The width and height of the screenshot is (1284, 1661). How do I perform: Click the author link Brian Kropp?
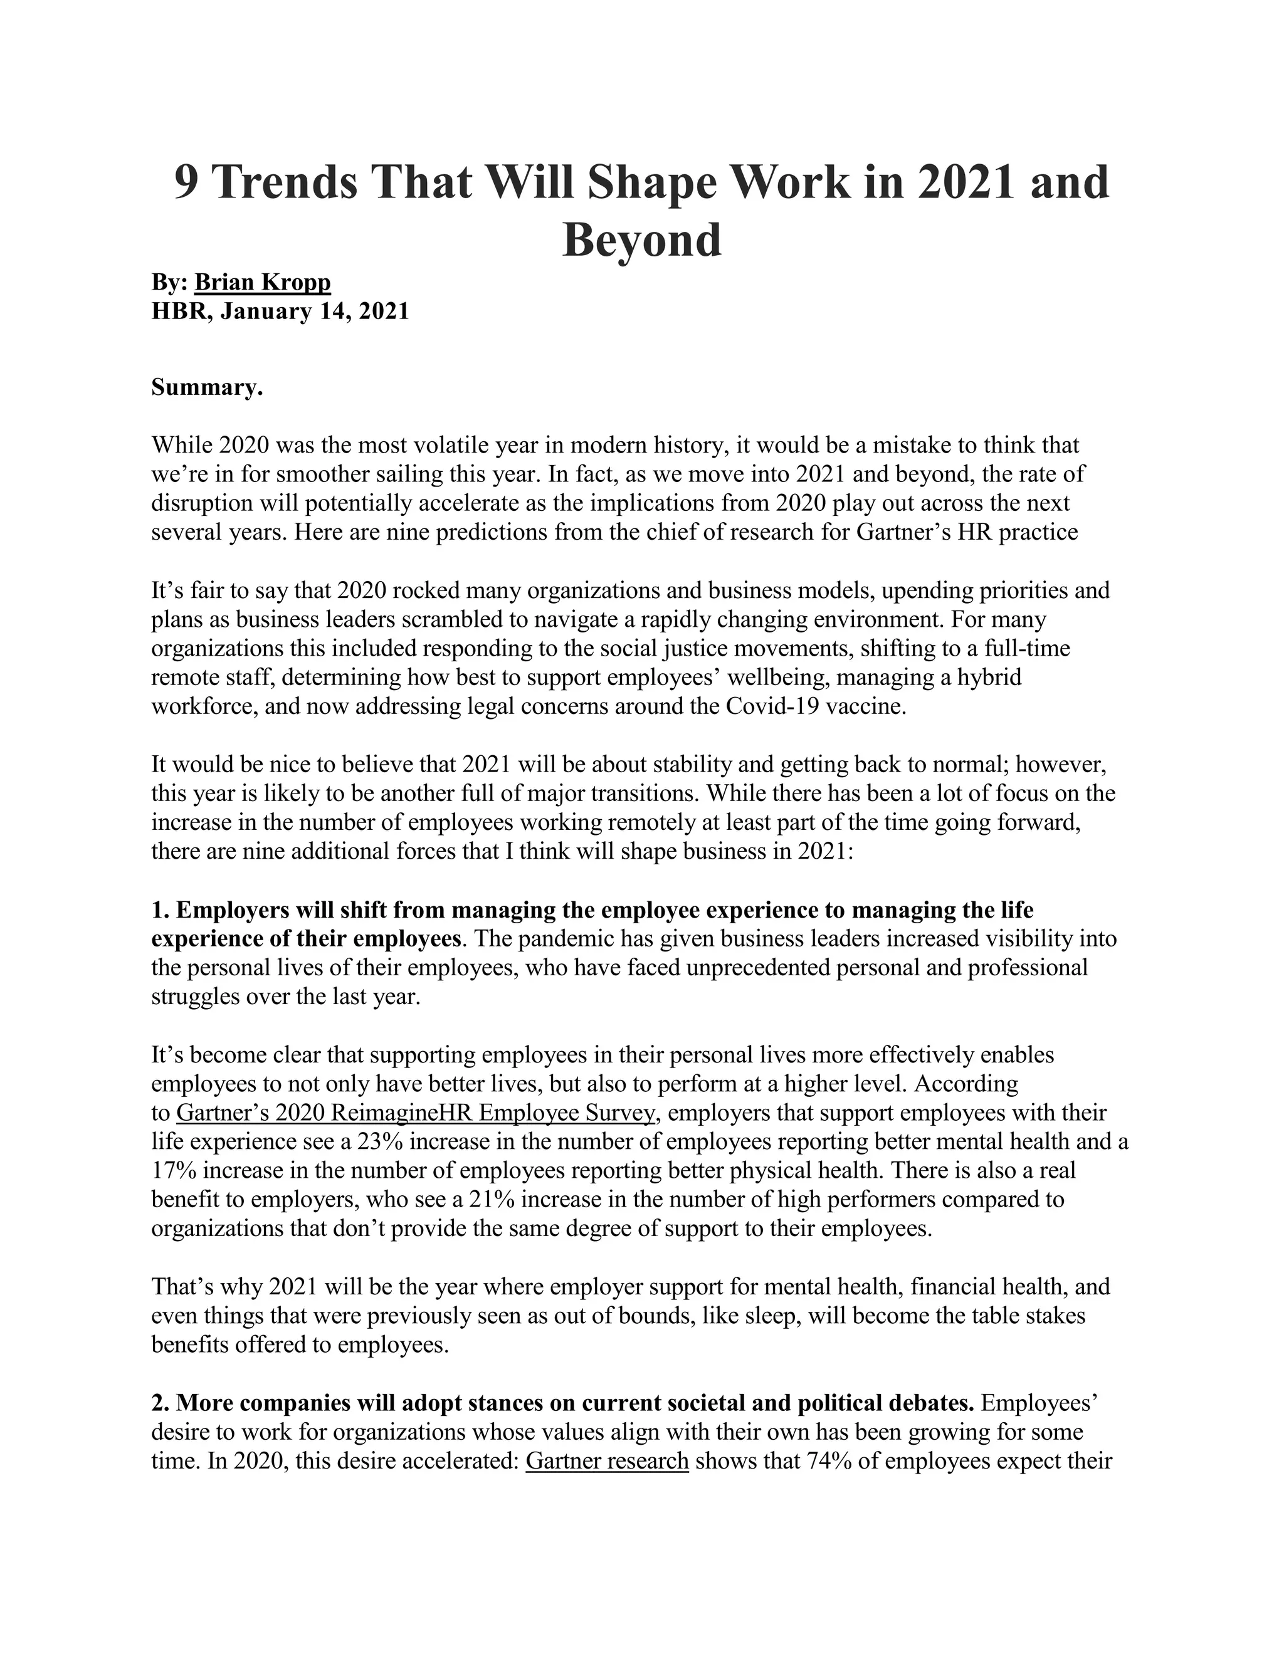tap(263, 282)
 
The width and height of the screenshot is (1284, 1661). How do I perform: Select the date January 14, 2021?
tap(314, 311)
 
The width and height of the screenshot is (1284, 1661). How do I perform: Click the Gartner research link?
tap(607, 1461)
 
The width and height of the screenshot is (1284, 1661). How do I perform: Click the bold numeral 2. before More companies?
tap(160, 1403)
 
